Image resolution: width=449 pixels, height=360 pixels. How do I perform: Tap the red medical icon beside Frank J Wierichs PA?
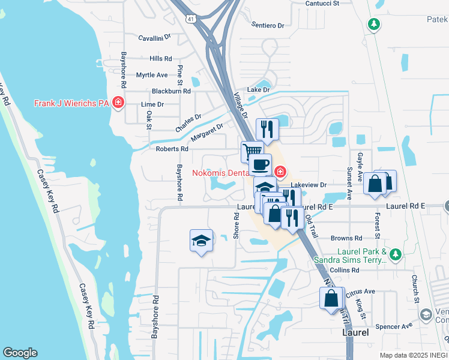(118, 103)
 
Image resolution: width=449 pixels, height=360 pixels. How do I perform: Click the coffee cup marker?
(261, 165)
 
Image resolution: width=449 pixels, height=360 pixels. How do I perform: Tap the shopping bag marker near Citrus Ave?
(331, 298)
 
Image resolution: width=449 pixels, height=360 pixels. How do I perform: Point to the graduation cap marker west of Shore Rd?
(202, 241)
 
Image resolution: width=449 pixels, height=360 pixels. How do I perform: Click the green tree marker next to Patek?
(374, 25)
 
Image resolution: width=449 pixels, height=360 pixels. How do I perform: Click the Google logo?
(20, 353)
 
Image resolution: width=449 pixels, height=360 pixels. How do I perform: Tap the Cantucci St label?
(322, 3)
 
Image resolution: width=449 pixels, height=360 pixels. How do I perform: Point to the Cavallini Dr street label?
(154, 37)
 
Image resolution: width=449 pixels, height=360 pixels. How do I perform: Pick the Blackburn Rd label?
(170, 91)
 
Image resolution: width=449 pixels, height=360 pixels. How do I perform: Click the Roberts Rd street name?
(172, 149)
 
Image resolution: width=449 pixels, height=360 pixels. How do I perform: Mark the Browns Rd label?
(345, 238)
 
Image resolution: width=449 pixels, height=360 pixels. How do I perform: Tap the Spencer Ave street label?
(394, 326)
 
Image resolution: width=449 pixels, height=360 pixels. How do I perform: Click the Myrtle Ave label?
(152, 75)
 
